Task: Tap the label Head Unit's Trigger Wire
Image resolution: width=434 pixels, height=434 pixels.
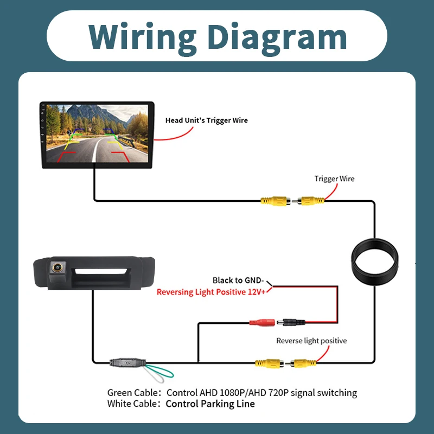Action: pyautogui.click(x=207, y=120)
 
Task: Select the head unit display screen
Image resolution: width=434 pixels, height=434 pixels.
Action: pyautogui.click(x=97, y=133)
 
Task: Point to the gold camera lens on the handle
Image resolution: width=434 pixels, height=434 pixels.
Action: pyautogui.click(x=58, y=267)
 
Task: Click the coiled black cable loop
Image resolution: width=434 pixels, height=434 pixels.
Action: pyautogui.click(x=375, y=261)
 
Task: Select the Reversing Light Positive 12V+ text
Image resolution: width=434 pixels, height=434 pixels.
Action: pyautogui.click(x=211, y=292)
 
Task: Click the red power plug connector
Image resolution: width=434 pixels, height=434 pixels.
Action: pyautogui.click(x=262, y=322)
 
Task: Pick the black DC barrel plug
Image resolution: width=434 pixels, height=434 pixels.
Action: pyautogui.click(x=291, y=322)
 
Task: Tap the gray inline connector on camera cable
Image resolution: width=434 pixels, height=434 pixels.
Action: pyautogui.click(x=127, y=362)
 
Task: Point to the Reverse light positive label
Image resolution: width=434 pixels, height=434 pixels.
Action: pyautogui.click(x=311, y=341)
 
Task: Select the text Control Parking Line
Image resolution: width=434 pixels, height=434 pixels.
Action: pyautogui.click(x=210, y=404)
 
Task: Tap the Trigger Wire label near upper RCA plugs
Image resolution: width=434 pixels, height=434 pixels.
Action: pyautogui.click(x=334, y=178)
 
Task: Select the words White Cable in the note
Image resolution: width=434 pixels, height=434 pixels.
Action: pyautogui.click(x=132, y=404)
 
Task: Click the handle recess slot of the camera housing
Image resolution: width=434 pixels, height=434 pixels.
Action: pyautogui.click(x=101, y=272)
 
